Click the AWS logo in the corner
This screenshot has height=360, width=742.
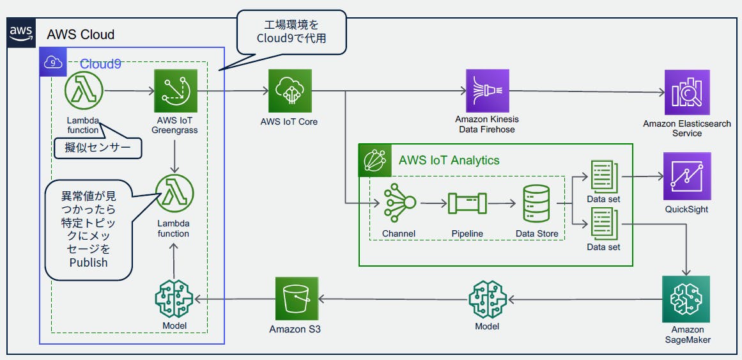click(x=21, y=33)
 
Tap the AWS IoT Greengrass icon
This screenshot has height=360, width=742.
click(x=175, y=91)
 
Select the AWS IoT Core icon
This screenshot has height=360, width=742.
click(x=290, y=91)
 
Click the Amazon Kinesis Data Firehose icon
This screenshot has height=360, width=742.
click(x=487, y=91)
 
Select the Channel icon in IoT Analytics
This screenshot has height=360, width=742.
click(x=399, y=203)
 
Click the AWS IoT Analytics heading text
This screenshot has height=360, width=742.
click(x=449, y=160)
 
